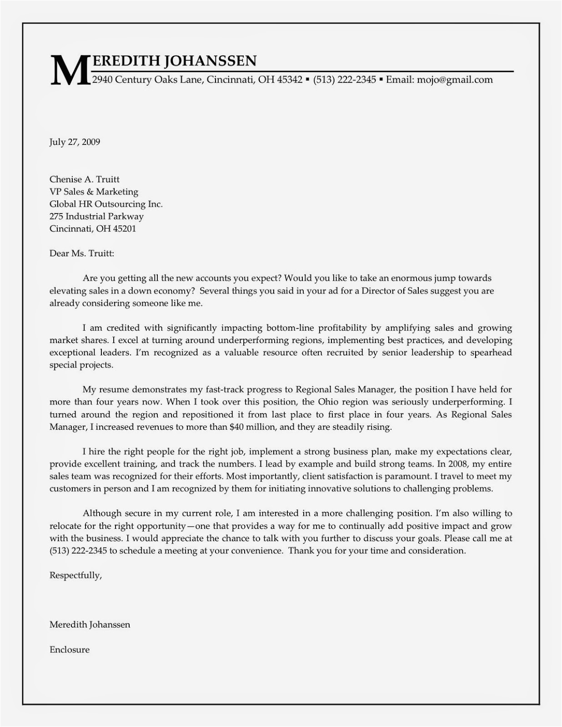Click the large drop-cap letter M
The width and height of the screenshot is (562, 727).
pos(69,70)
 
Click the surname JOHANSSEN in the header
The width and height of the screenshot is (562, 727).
pos(210,60)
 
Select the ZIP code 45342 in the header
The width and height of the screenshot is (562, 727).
pos(290,80)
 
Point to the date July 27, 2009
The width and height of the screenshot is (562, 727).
pos(75,142)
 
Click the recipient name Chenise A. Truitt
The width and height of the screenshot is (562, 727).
pos(85,179)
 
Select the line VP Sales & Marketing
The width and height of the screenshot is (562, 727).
pos(94,192)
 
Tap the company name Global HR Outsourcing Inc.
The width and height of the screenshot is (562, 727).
pos(106,204)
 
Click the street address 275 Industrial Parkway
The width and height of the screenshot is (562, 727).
pos(96,216)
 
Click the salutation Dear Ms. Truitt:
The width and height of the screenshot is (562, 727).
pos(82,253)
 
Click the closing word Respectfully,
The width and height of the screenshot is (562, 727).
pos(75,575)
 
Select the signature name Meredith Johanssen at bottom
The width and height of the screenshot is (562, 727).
pos(90,625)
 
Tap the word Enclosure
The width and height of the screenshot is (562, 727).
pos(70,650)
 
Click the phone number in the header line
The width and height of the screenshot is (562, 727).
pos(345,80)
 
